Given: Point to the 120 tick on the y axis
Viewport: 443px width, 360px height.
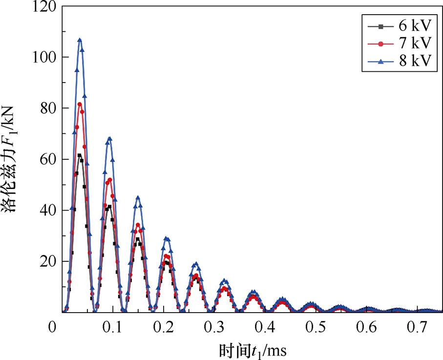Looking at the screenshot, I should pyautogui.click(x=45, y=6).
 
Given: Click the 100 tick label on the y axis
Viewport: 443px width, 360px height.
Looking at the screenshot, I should pyautogui.click(x=45, y=57).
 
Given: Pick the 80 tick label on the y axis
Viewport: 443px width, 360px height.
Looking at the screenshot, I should pyautogui.click(x=48, y=108).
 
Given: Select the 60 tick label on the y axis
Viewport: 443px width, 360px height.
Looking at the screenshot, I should pyautogui.click(x=48, y=159).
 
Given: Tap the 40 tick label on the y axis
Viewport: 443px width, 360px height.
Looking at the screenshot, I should pyautogui.click(x=48, y=210).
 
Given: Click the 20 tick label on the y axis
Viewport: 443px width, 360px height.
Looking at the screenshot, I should pyautogui.click(x=48, y=261).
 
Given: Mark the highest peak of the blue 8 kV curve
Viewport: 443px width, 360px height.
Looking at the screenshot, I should pyautogui.click(x=80, y=40).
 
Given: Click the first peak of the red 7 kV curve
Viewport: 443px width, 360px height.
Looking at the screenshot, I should pyautogui.click(x=80, y=104).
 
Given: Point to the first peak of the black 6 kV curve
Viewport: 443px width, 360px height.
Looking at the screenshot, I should pyautogui.click(x=79, y=155).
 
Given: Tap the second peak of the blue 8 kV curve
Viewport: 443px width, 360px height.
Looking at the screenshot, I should pyautogui.click(x=109, y=138).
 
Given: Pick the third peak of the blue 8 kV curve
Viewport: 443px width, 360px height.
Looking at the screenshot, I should pyautogui.click(x=138, y=197).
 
